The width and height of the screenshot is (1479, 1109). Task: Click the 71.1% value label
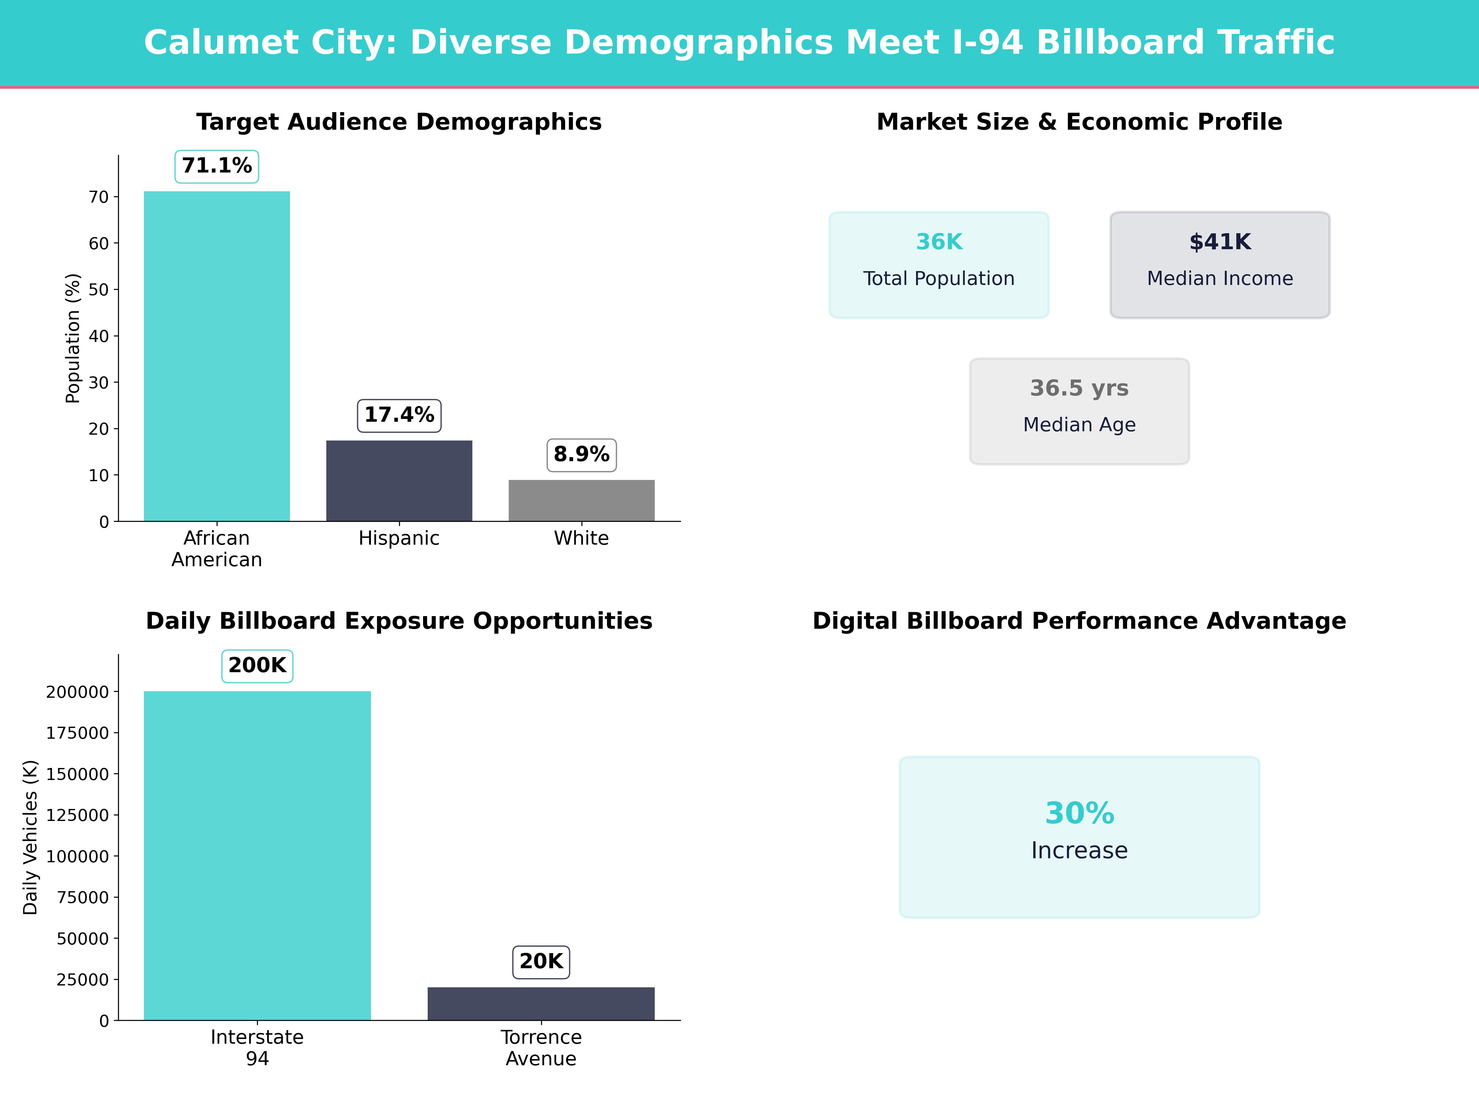click(217, 166)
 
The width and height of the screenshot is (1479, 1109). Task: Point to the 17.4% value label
click(399, 415)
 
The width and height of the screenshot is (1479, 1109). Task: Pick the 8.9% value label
click(581, 455)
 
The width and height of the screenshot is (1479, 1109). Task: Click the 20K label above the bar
click(541, 961)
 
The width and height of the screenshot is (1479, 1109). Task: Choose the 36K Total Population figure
click(939, 242)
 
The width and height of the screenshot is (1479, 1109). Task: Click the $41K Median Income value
click(1220, 242)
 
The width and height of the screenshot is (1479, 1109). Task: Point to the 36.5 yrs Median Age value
click(1079, 388)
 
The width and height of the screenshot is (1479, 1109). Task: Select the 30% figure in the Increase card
click(1079, 814)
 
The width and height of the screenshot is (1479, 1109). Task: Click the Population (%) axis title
click(72, 338)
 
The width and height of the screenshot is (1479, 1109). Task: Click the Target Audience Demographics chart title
click(399, 122)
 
